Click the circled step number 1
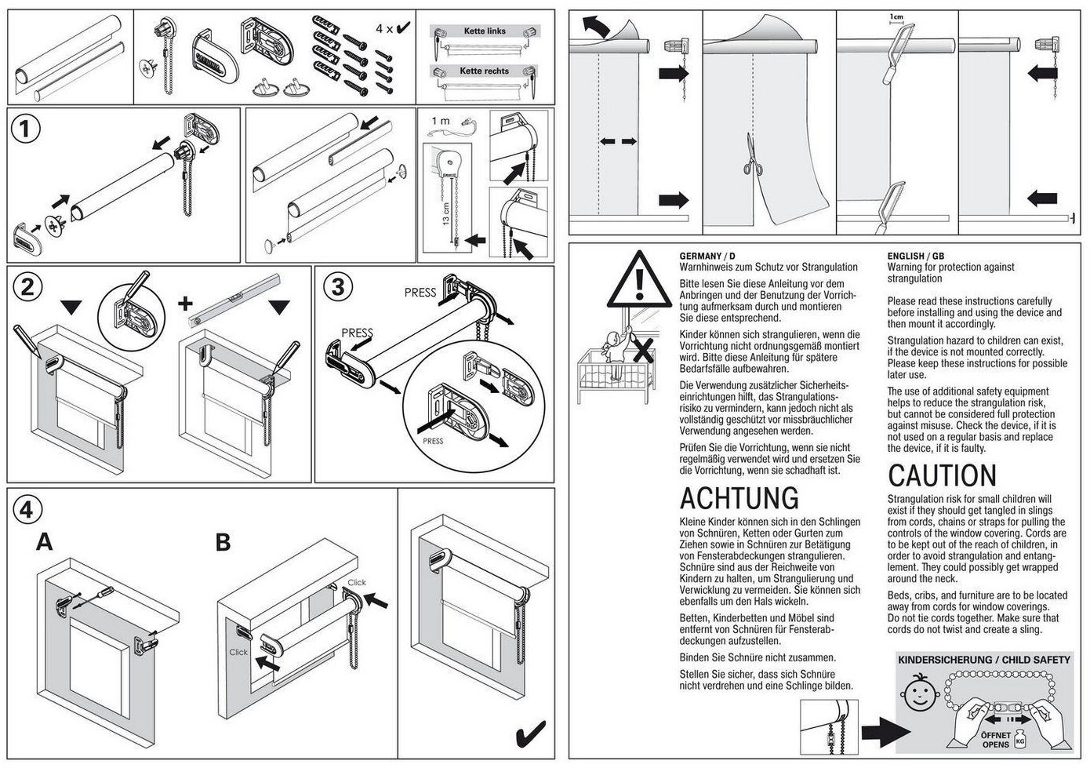pyautogui.click(x=25, y=129)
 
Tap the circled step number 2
pyautogui.click(x=27, y=286)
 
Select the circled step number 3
pyautogui.click(x=338, y=286)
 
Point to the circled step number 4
pyautogui.click(x=27, y=510)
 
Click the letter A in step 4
pyautogui.click(x=44, y=542)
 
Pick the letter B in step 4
pyautogui.click(x=223, y=542)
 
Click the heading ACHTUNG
pyautogui.click(x=739, y=498)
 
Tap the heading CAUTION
pyautogui.click(x=942, y=475)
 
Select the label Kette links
pyautogui.click(x=485, y=31)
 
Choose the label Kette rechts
pyautogui.click(x=484, y=71)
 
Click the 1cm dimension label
pyautogui.click(x=896, y=16)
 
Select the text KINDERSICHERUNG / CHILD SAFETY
pyautogui.click(x=984, y=660)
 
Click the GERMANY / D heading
pyautogui.click(x=707, y=256)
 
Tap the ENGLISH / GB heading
pyautogui.click(x=916, y=256)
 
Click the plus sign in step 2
pyautogui.click(x=185, y=304)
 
